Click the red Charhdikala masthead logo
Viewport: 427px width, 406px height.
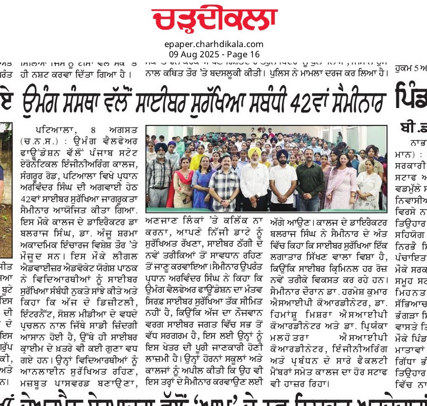coord(214,19)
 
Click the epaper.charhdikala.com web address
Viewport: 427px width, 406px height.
coord(214,45)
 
